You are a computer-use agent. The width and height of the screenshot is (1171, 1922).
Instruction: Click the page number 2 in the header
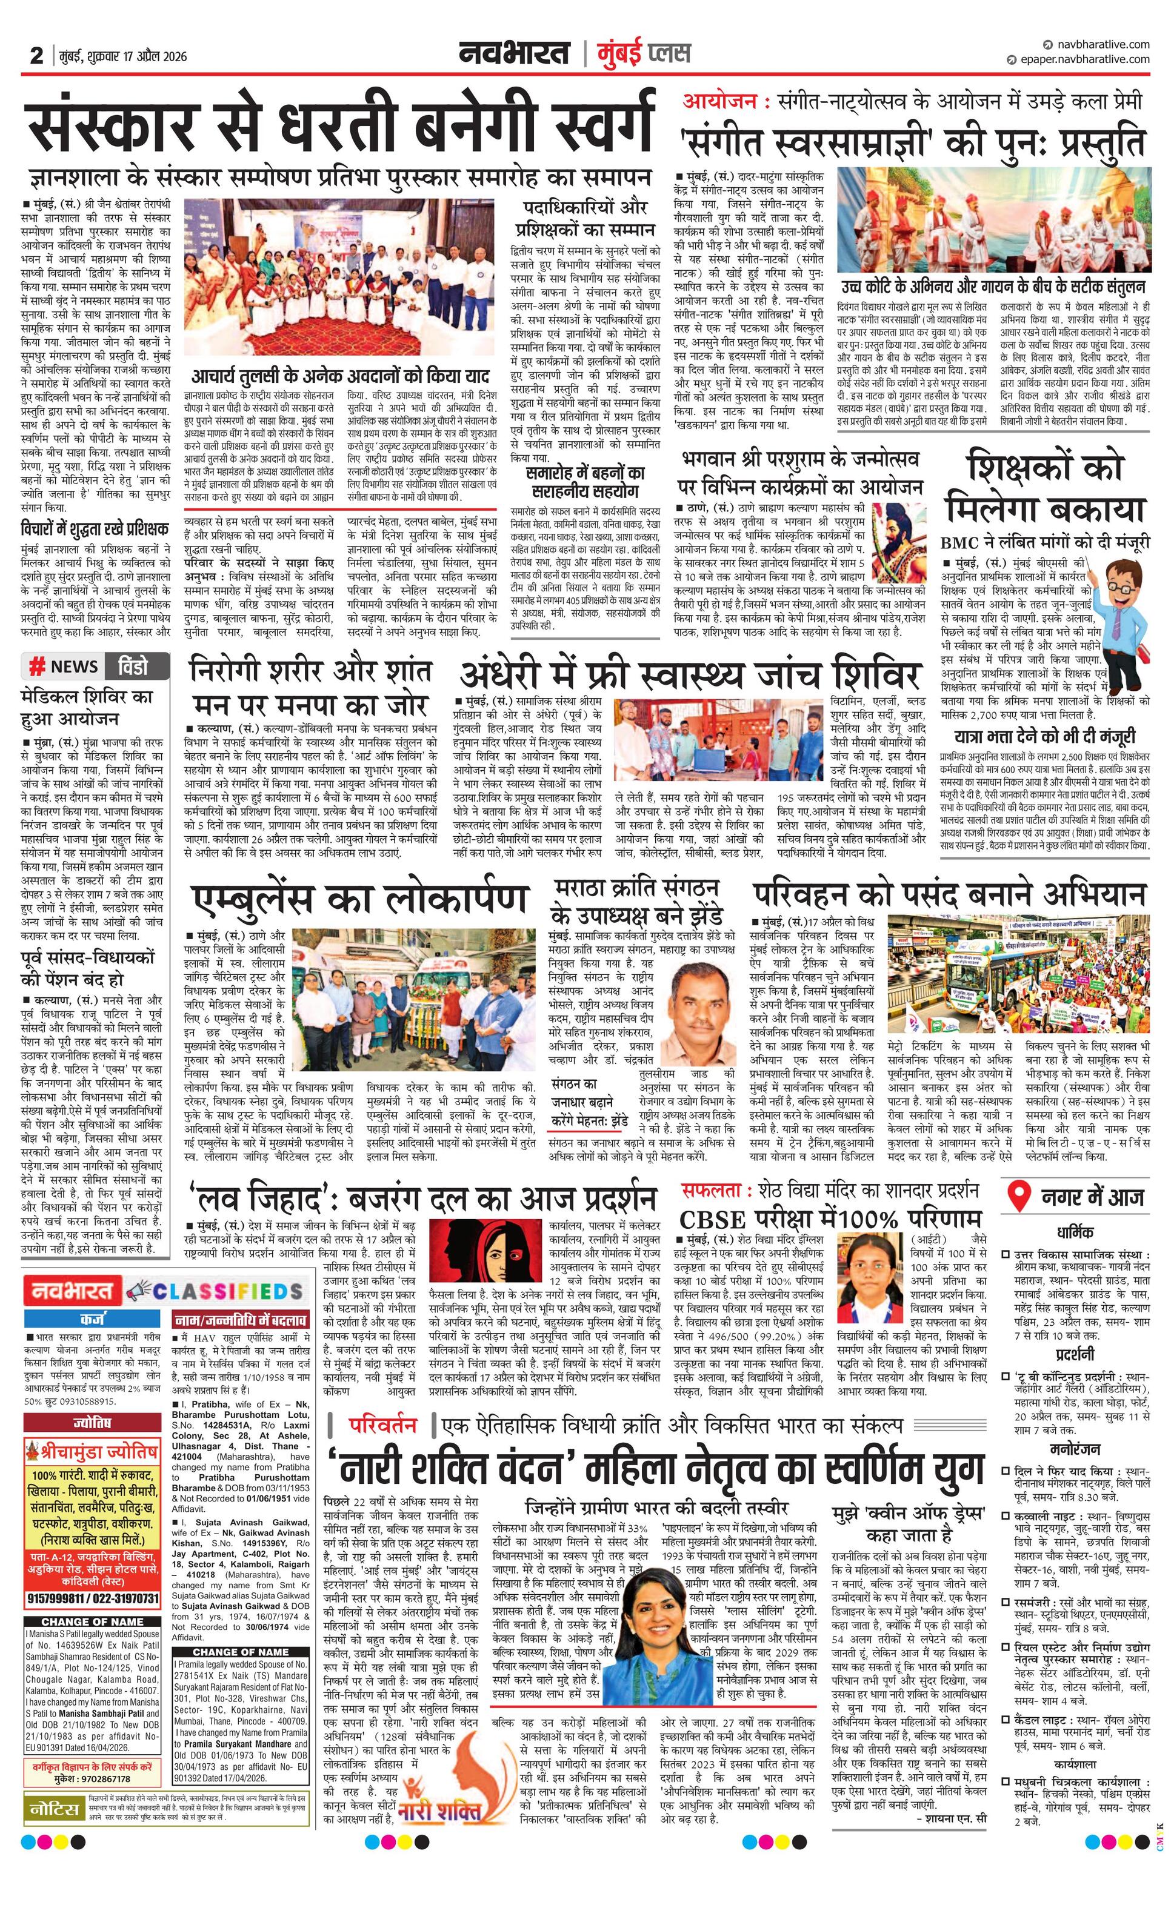[x=36, y=55]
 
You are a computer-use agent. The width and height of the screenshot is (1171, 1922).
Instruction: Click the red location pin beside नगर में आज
[x=1017, y=1197]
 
